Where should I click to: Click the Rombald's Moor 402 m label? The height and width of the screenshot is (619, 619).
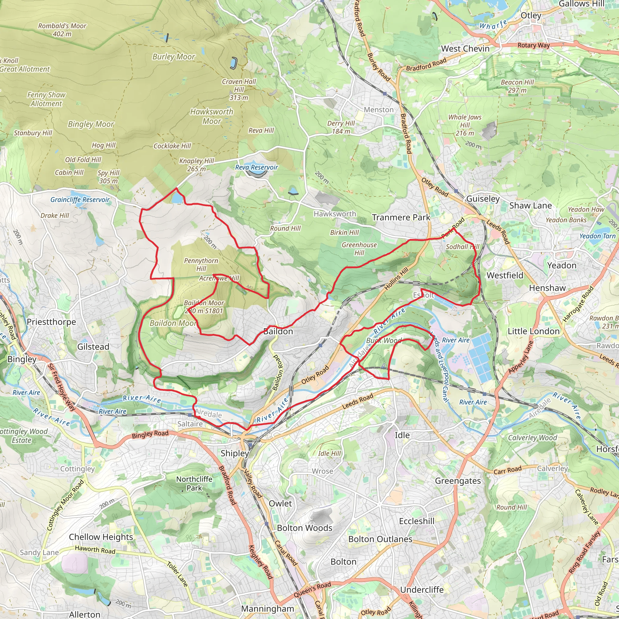(x=62, y=30)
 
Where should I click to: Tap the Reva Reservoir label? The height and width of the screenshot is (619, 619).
(x=257, y=167)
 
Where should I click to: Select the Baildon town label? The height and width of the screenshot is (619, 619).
(x=278, y=331)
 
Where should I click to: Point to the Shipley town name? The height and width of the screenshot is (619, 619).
(x=235, y=453)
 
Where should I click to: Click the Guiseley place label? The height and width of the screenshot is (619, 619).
(x=483, y=199)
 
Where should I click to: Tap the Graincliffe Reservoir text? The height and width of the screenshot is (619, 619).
(x=80, y=199)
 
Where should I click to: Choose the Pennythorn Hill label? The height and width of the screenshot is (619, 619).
(x=201, y=265)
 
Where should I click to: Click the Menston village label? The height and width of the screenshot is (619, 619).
(x=378, y=110)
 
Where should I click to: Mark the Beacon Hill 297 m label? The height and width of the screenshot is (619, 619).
(x=517, y=86)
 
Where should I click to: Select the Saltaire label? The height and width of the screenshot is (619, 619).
(x=190, y=424)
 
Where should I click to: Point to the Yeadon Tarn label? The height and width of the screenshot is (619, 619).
(x=598, y=236)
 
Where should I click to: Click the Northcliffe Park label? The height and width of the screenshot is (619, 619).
(x=194, y=484)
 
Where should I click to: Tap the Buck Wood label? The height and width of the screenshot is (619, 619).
(x=384, y=340)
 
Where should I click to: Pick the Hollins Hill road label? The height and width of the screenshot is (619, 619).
(x=396, y=278)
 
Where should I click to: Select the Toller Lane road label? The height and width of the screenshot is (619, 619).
(x=177, y=574)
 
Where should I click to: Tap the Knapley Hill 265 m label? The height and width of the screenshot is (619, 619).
(x=196, y=165)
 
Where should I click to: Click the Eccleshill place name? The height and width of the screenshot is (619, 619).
(x=416, y=521)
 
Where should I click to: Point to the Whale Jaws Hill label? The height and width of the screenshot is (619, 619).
(x=465, y=125)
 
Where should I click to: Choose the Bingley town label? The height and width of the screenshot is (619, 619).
(x=22, y=359)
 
